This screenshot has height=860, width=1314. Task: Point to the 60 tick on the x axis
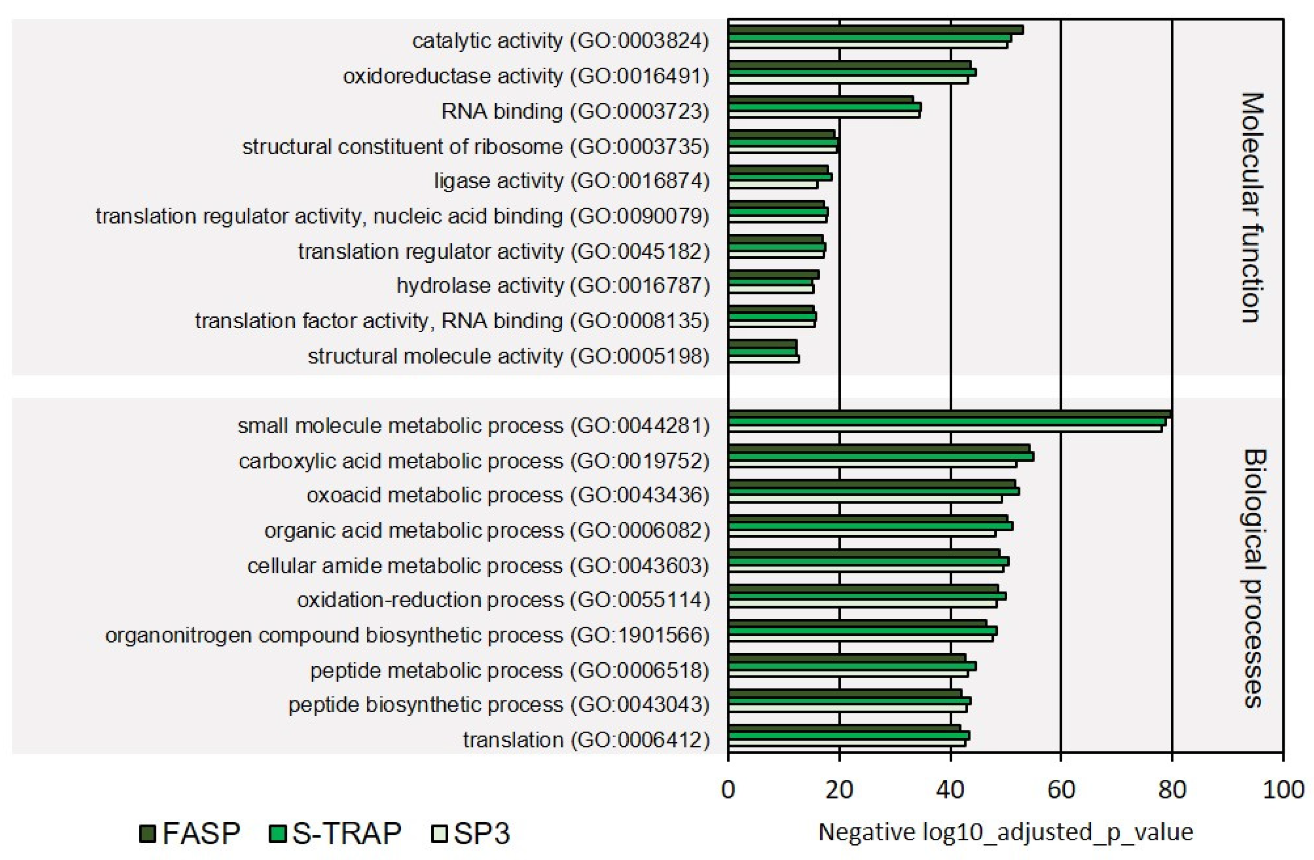(1060, 790)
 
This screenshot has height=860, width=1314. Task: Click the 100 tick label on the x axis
(1282, 790)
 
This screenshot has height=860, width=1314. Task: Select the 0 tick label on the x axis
(728, 790)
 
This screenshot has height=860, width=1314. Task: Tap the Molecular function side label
(1252, 207)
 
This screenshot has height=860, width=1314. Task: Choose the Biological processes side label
(1253, 578)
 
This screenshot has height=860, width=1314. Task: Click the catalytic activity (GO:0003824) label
(560, 40)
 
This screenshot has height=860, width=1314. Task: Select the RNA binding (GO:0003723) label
(575, 111)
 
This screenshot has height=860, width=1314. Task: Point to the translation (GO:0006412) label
(586, 740)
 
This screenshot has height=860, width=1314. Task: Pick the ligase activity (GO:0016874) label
(571, 181)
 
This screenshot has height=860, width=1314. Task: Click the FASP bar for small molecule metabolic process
(950, 414)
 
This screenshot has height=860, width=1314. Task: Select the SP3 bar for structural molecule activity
(763, 359)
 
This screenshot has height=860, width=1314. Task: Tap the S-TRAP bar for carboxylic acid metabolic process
(881, 457)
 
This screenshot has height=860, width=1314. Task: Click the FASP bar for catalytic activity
(875, 30)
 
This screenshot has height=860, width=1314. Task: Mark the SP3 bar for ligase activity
(773, 185)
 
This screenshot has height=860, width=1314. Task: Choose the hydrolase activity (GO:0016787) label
(553, 285)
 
